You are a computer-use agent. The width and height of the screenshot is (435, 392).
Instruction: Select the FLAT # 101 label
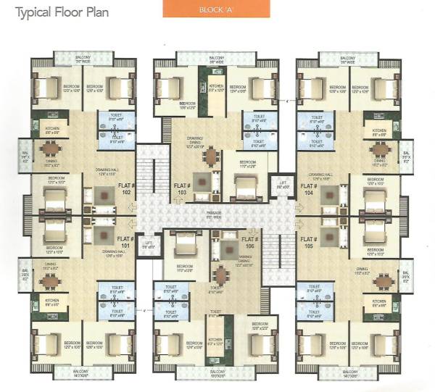coord(125,241)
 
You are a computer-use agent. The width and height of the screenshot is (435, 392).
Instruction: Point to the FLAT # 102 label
coord(127,189)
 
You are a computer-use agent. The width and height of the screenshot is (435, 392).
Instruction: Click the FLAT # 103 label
coord(181,190)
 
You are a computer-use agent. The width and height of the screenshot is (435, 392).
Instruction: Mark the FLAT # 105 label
coord(310,241)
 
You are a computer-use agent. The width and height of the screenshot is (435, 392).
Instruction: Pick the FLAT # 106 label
coord(249,241)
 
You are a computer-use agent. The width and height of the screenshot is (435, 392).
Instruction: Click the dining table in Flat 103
coord(211,157)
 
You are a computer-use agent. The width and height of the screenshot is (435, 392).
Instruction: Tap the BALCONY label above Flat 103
coord(216,59)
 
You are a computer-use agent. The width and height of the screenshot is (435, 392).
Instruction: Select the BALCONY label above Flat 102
coord(83,59)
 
